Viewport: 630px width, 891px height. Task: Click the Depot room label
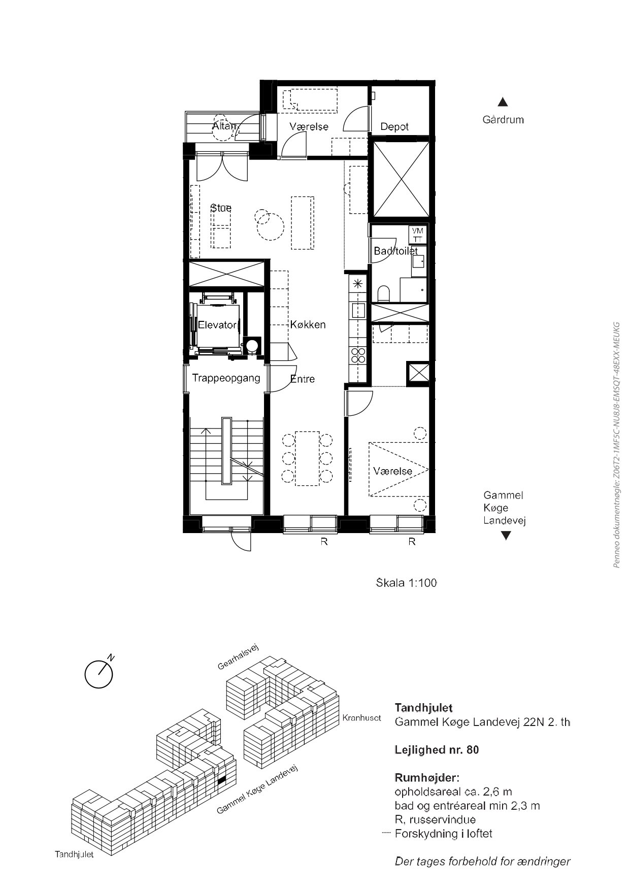coord(394,127)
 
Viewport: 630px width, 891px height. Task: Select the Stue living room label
coord(221,208)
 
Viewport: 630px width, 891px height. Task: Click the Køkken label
coord(308,325)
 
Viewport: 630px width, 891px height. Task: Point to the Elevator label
coord(217,325)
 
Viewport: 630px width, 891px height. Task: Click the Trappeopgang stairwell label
coord(226,378)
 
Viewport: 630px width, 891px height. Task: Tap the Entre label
coord(303,379)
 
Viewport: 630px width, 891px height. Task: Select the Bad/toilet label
coord(396,251)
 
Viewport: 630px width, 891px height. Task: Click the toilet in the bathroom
coord(384,293)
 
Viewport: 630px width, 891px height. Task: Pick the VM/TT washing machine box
coord(418,234)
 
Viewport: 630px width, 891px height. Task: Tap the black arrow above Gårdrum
coord(503,102)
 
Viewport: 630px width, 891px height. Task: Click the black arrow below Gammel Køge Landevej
coord(506,536)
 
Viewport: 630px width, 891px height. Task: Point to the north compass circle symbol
coord(98,674)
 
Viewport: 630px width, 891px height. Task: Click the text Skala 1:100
coord(406,583)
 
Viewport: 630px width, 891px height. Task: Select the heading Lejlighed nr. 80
coord(437,750)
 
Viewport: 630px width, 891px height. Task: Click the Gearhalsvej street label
coord(239,656)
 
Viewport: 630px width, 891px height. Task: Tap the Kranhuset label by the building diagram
coord(361,718)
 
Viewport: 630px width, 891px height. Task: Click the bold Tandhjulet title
coord(423,708)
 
